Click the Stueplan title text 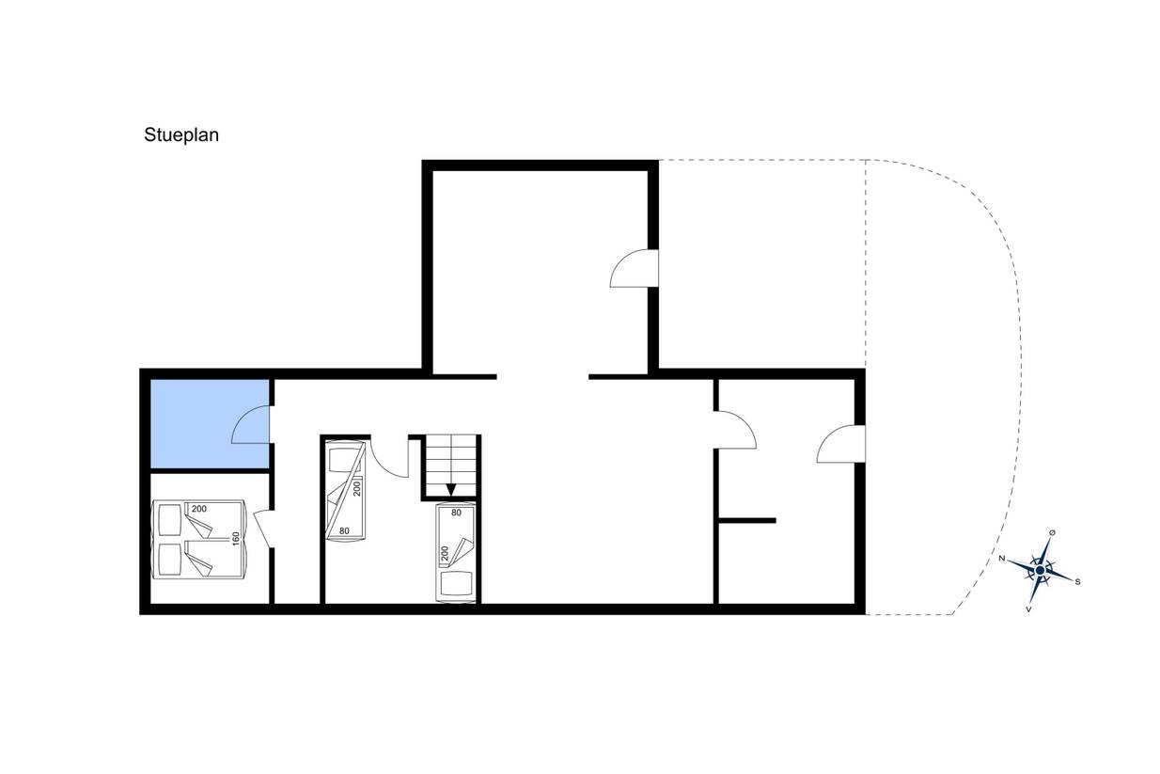181,135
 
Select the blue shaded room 210,424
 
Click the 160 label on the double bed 236,539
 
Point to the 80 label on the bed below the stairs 456,513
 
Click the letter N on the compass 1001,559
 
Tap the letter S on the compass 1077,582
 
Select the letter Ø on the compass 1052,532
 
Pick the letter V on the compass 1028,609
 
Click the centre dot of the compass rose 1040,571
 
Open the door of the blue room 251,424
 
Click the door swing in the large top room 634,268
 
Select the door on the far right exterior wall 841,444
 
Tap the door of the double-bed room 262,529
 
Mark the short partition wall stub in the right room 747,521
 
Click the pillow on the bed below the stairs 456,583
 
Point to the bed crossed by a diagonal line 345,491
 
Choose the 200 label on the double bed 199,509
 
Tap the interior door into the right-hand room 735,430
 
